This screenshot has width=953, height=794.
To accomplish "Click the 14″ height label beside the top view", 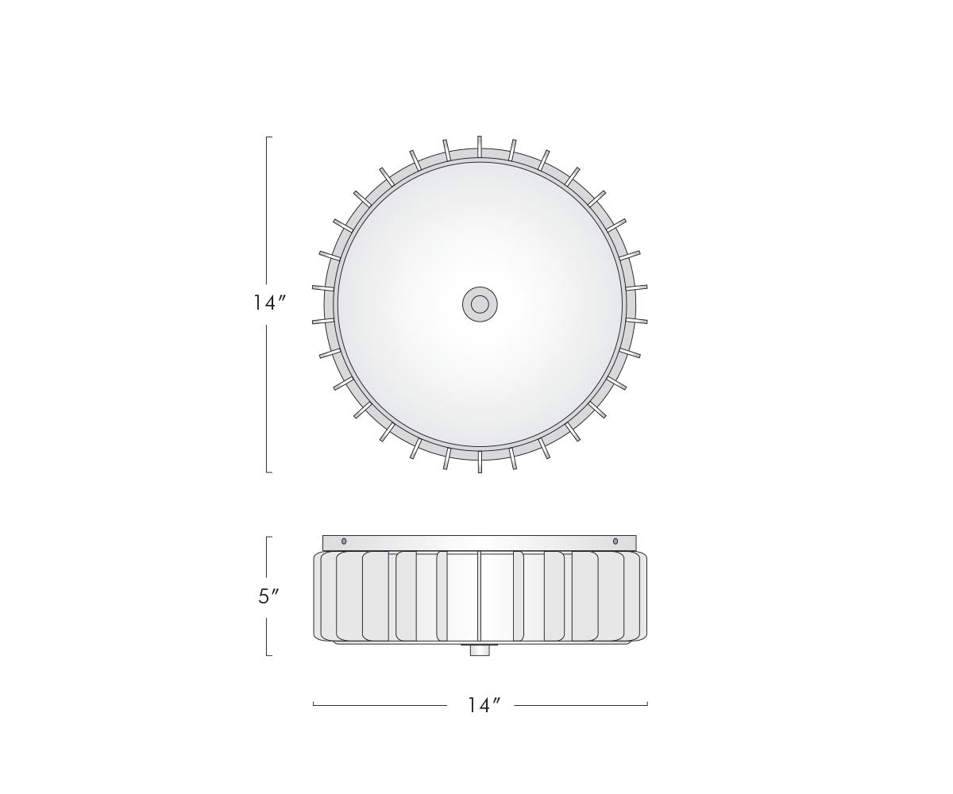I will pos(268,303).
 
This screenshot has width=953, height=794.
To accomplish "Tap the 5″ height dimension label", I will pos(268,596).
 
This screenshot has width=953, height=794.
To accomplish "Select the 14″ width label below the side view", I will pos(483,705).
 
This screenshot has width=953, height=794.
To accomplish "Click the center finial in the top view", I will pos(480,304).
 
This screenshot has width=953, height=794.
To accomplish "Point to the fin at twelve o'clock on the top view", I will pos(480,146).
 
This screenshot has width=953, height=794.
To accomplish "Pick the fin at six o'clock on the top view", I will pos(480,462).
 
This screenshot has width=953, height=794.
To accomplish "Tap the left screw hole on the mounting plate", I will pos(344,542).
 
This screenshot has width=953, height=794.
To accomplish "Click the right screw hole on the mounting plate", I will pos(615,542).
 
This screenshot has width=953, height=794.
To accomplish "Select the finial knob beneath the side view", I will pos(479,650).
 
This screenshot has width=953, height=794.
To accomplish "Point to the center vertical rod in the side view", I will pos(479,595).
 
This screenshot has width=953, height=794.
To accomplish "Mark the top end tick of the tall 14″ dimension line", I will pos(268,137).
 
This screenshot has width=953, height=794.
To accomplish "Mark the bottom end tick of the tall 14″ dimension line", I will pos(268,472).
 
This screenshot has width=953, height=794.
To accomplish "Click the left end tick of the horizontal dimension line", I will pos(314,703).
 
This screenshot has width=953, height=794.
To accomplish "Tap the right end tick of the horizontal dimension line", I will pos(647,703).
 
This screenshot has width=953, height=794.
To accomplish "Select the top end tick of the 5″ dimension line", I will pos(268,537).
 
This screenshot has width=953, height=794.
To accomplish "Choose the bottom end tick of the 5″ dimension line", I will pos(268,656).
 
